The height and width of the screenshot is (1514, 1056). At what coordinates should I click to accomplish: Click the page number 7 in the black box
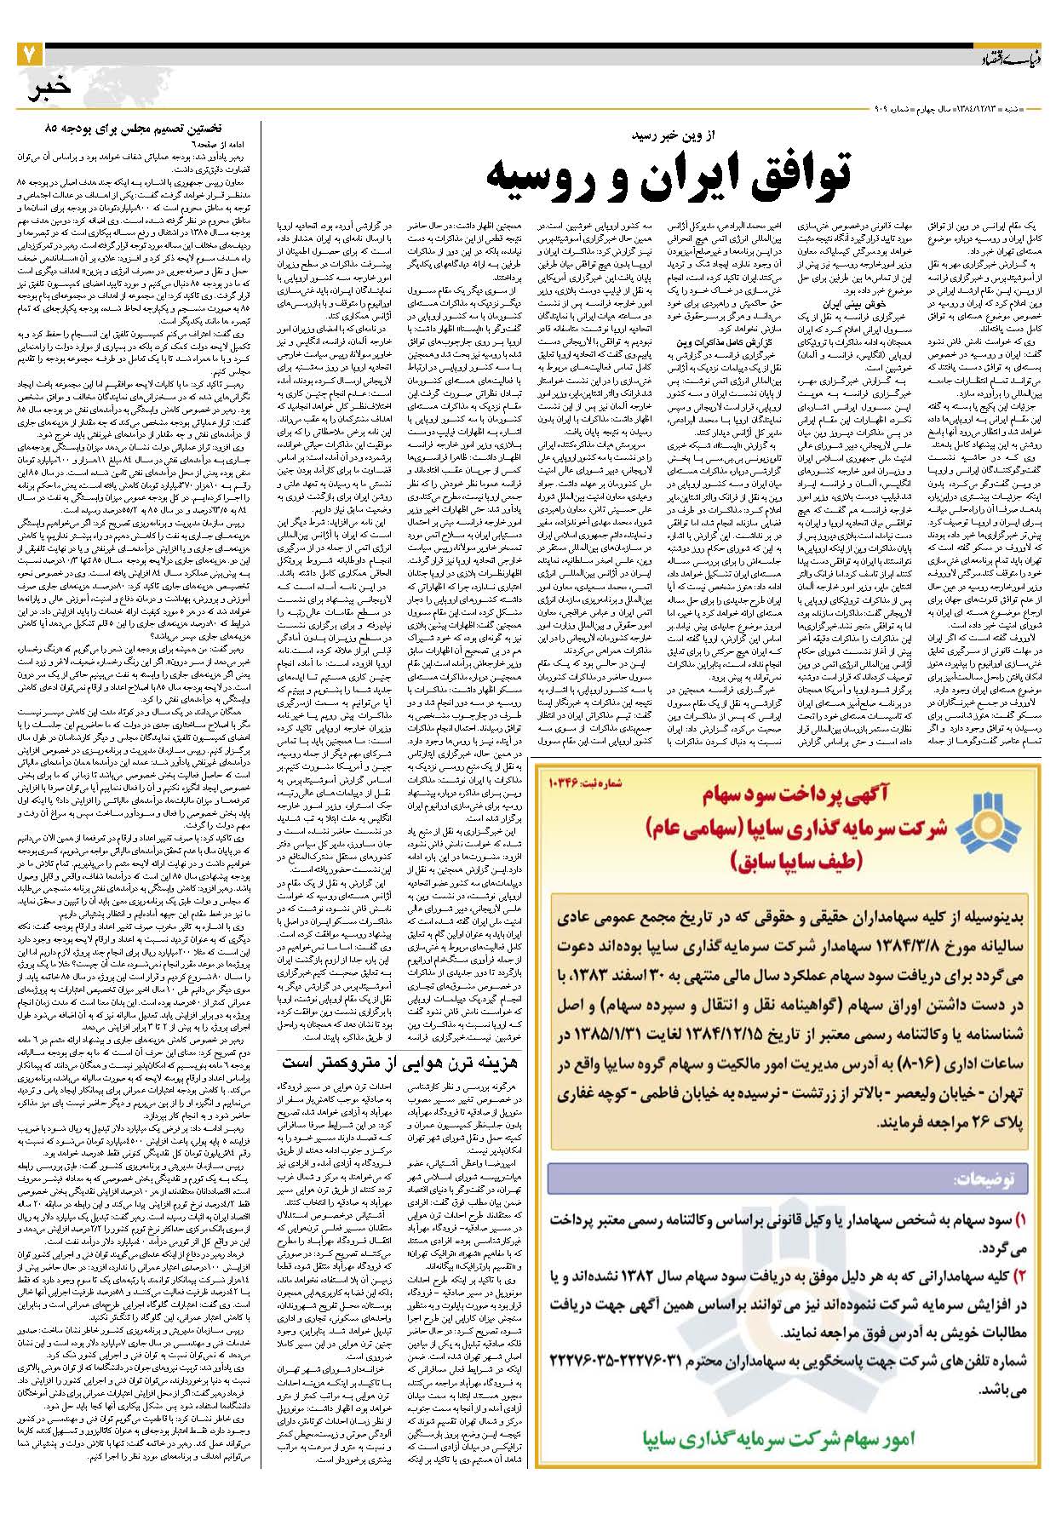[28, 54]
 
